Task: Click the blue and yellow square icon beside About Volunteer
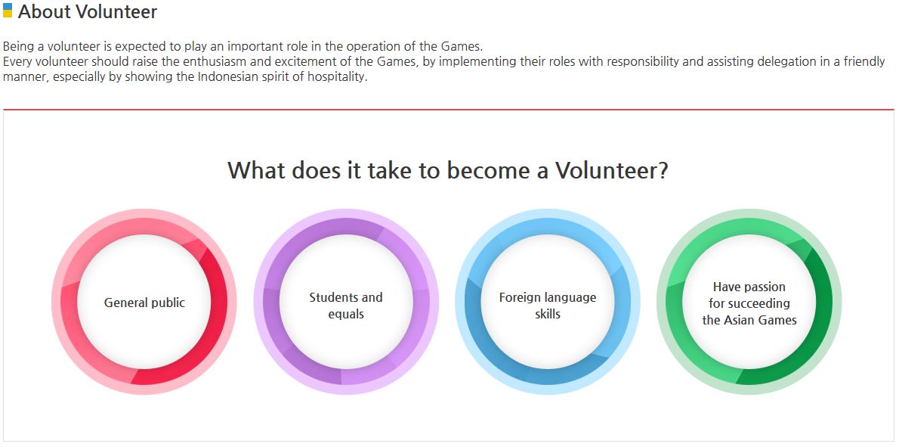coord(8,11)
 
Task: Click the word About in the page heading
coord(44,12)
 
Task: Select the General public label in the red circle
coord(144,303)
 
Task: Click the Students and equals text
coord(346,306)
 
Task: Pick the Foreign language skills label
coord(548,306)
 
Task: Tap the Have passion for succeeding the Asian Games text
coord(749,303)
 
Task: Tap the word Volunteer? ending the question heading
coord(612,170)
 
